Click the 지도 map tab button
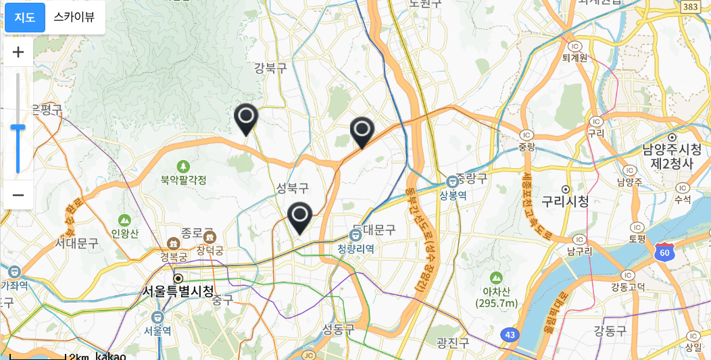click(25, 18)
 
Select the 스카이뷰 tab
click(74, 18)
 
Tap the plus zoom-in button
click(18, 52)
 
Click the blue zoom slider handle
click(18, 127)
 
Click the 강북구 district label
click(270, 68)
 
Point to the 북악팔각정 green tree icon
click(183, 166)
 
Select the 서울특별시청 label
click(178, 291)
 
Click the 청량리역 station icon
click(355, 235)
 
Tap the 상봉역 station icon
click(453, 182)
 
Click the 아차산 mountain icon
click(496, 278)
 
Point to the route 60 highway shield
click(665, 251)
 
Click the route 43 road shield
click(511, 334)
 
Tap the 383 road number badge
click(690, 6)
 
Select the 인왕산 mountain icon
click(124, 220)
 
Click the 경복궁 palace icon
click(174, 243)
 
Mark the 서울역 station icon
click(158, 317)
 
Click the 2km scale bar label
click(78, 356)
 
